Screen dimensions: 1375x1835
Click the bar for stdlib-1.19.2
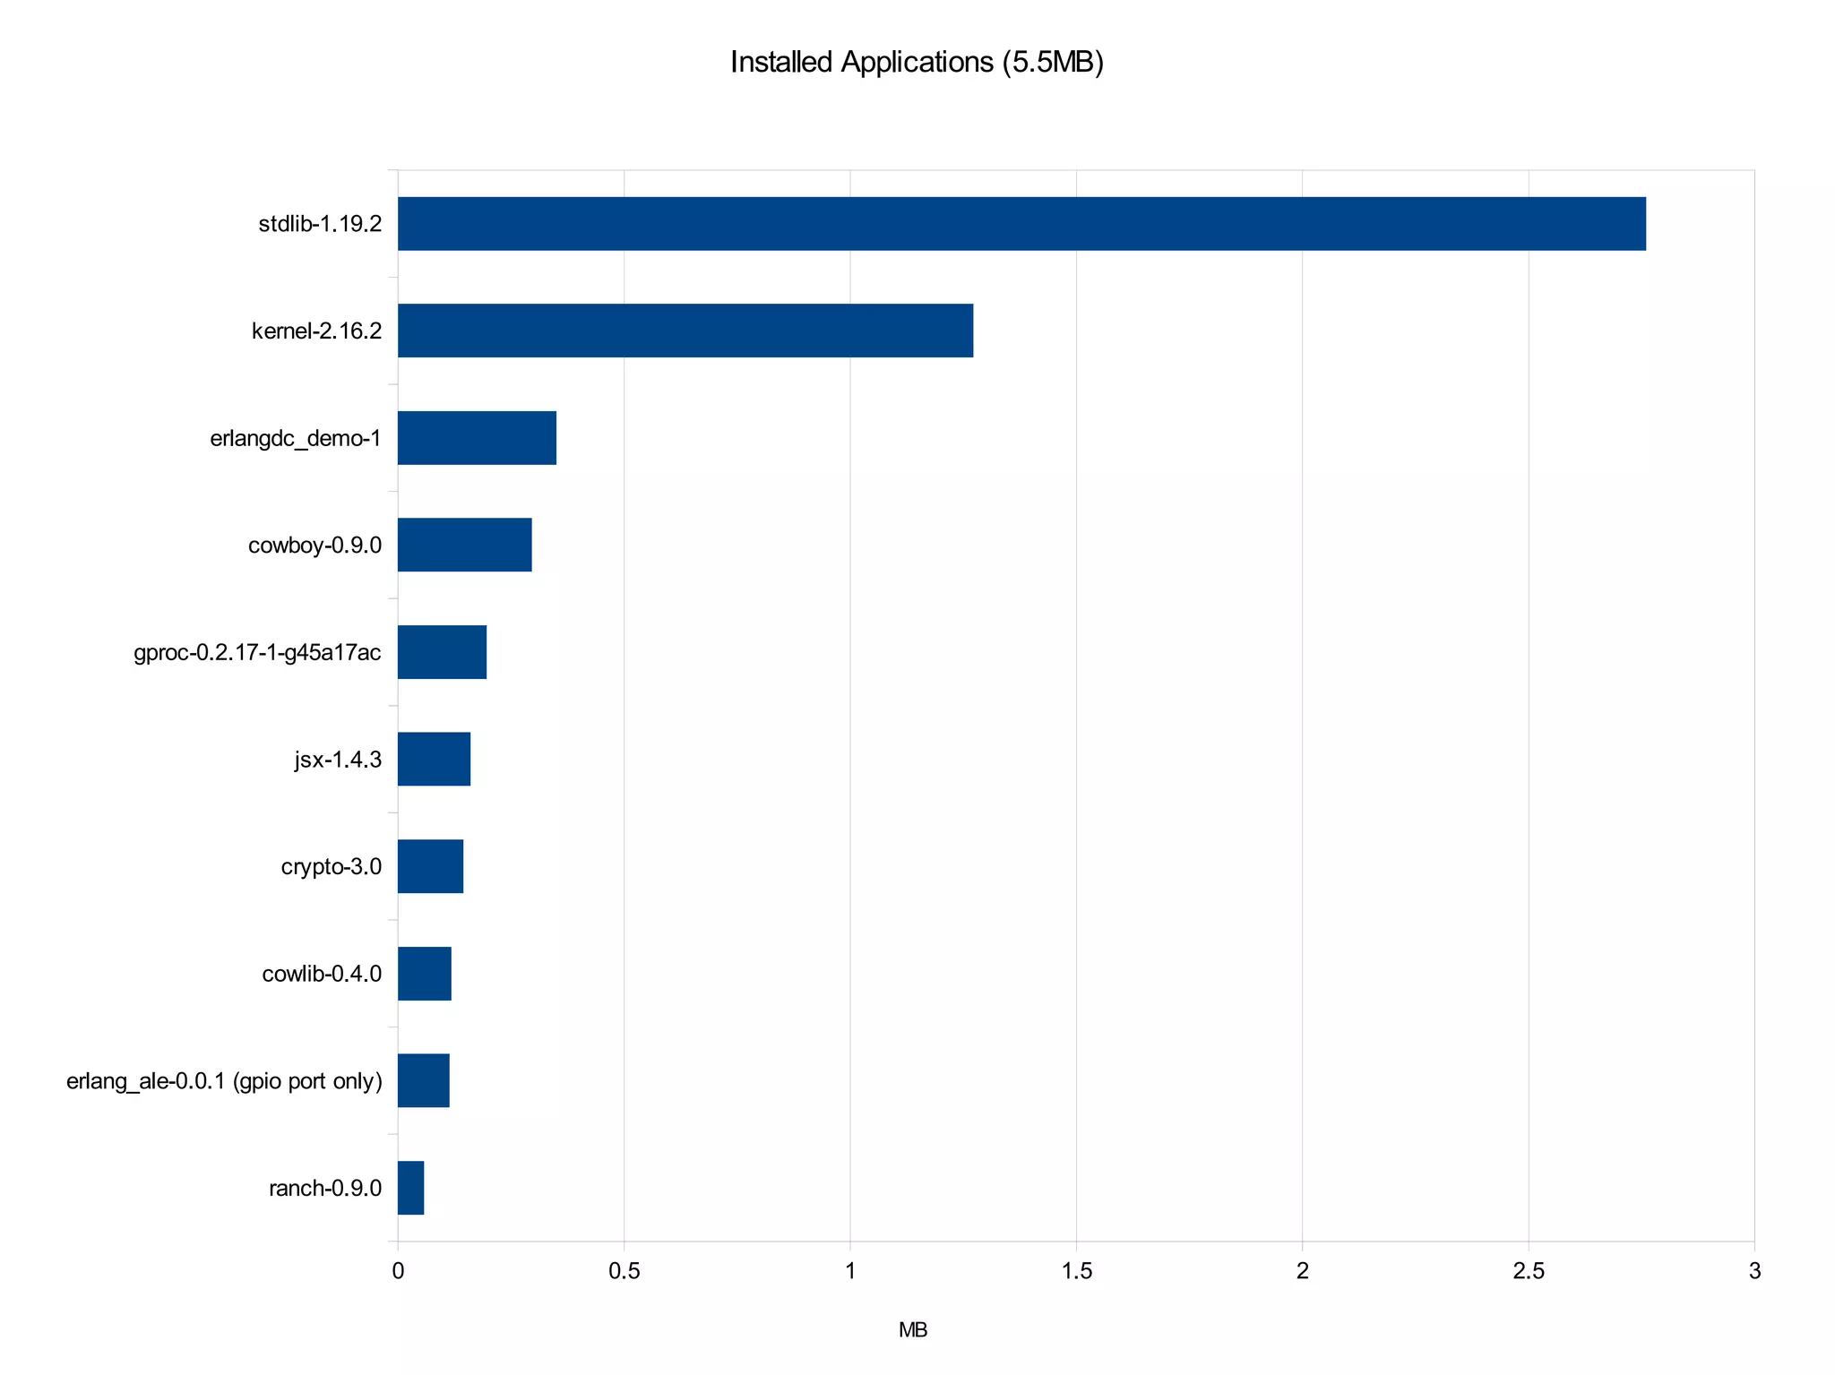pyautogui.click(x=1021, y=223)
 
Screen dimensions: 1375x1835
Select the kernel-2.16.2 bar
pyautogui.click(x=685, y=331)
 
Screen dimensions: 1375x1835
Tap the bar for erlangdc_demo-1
pyautogui.click(x=477, y=438)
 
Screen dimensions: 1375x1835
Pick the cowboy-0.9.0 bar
pyautogui.click(x=464, y=545)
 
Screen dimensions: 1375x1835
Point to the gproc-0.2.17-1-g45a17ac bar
pyautogui.click(x=442, y=652)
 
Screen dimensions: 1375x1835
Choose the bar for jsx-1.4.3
pyautogui.click(x=434, y=759)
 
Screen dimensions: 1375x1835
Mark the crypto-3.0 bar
pyautogui.click(x=430, y=866)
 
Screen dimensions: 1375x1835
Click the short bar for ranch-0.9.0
pyautogui.click(x=410, y=1188)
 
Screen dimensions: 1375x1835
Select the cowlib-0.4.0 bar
pyautogui.click(x=424, y=974)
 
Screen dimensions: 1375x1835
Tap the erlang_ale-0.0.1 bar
pyautogui.click(x=423, y=1080)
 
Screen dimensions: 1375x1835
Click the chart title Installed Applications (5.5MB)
pyautogui.click(x=917, y=62)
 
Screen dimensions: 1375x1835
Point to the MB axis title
pyautogui.click(x=913, y=1330)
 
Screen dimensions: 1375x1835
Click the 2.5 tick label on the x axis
pyautogui.click(x=1529, y=1271)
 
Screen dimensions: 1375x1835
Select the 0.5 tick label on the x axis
pyautogui.click(x=624, y=1271)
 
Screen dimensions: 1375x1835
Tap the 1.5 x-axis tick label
pyautogui.click(x=1076, y=1271)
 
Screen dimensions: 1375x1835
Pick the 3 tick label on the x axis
pyautogui.click(x=1754, y=1271)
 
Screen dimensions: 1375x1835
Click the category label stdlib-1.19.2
pyautogui.click(x=320, y=224)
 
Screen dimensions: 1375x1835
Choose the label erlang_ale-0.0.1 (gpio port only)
pyautogui.click(x=224, y=1081)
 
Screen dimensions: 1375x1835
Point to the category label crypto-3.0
pyautogui.click(x=331, y=866)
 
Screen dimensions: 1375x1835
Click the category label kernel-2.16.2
pyautogui.click(x=316, y=331)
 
